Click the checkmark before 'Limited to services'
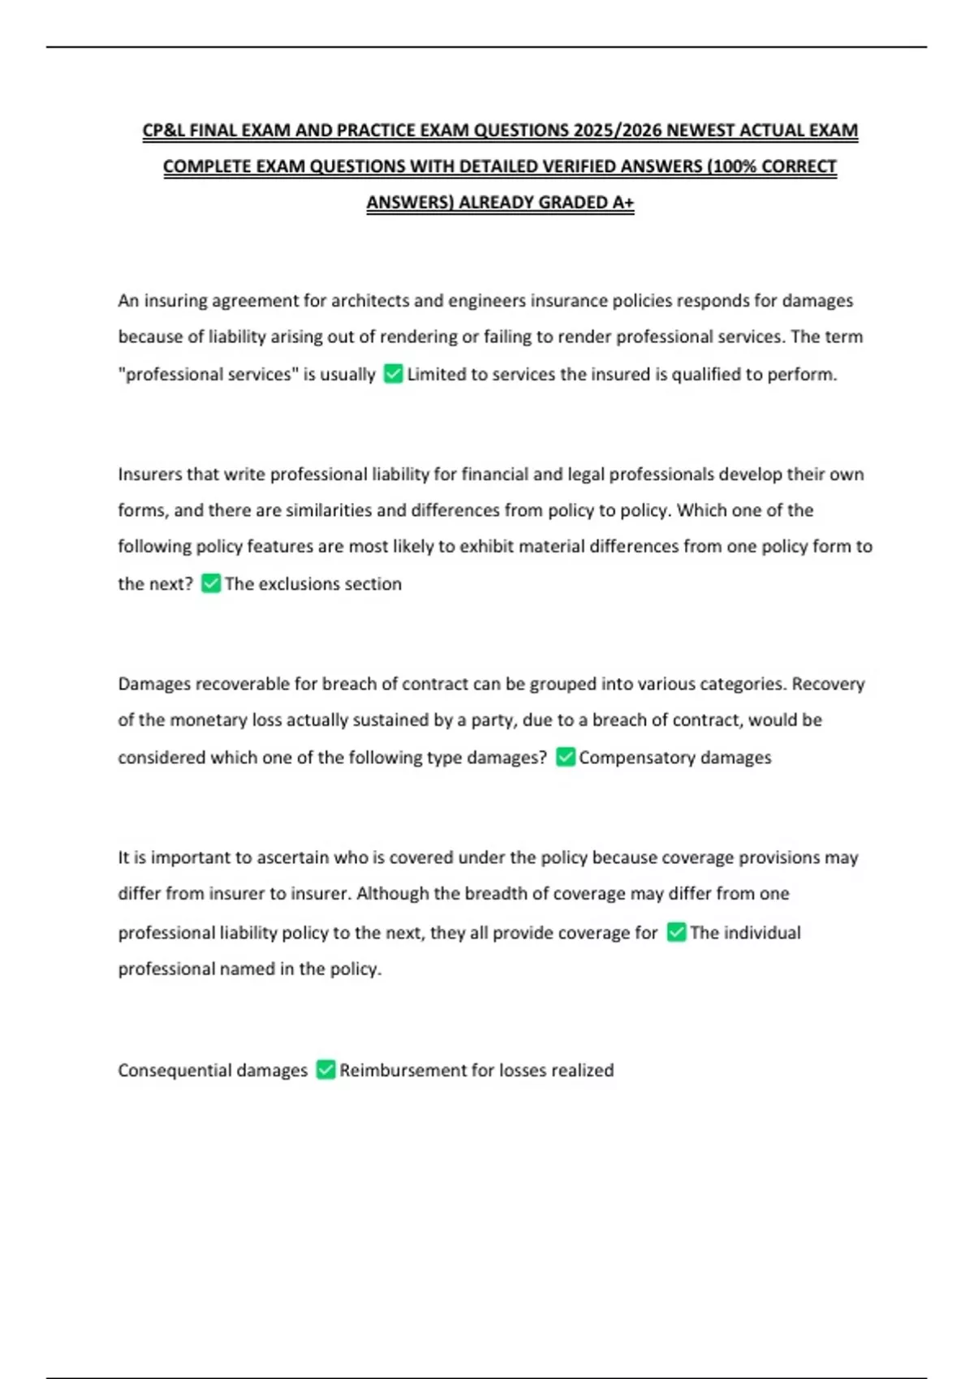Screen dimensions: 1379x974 pyautogui.click(x=393, y=374)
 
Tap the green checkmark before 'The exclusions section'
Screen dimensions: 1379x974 pyautogui.click(x=211, y=583)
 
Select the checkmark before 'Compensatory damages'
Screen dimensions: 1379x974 pyautogui.click(x=566, y=757)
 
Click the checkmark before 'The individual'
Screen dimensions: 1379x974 pyautogui.click(x=676, y=932)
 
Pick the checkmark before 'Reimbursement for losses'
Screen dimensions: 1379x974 pyautogui.click(x=325, y=1070)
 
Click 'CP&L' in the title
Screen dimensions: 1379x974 pyautogui.click(x=163, y=131)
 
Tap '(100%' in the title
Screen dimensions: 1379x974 pyautogui.click(x=734, y=166)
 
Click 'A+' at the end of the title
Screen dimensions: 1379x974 pyautogui.click(x=623, y=202)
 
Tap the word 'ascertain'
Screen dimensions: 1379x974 pyautogui.click(x=291, y=857)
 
